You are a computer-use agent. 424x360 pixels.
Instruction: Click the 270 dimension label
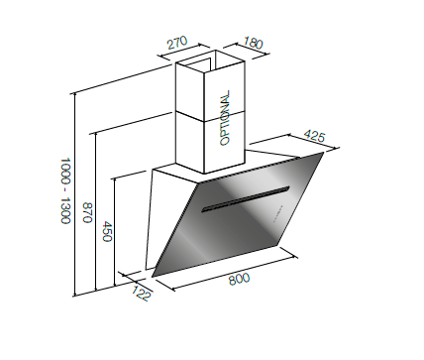(177, 43)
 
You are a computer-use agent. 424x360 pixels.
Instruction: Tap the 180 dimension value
(254, 43)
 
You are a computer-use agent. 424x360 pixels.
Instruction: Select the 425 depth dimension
(314, 136)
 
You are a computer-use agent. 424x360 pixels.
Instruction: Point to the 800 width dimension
(239, 280)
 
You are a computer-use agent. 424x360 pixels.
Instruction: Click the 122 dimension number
(142, 293)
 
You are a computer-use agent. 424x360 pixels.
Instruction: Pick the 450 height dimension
(108, 231)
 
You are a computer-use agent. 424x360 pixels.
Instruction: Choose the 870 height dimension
(87, 212)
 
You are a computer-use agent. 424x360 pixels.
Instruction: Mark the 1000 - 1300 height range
(65, 190)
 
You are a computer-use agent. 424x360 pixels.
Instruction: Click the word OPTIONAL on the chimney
(225, 118)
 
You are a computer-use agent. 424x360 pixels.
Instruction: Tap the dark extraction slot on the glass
(246, 199)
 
